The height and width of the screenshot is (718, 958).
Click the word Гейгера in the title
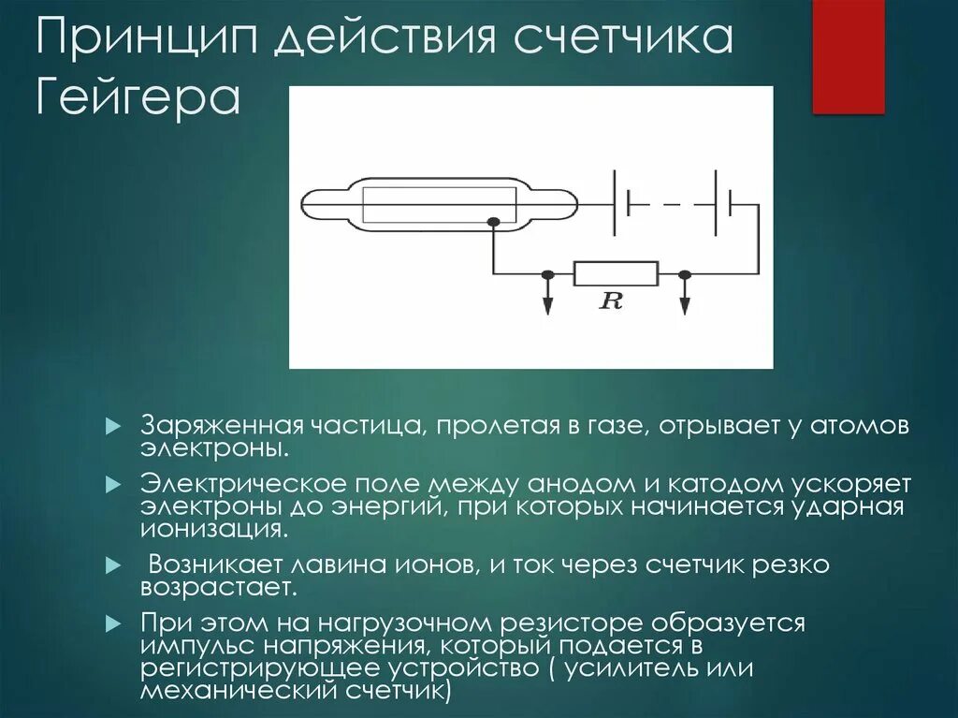point(138,98)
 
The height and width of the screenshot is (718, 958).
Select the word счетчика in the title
point(621,41)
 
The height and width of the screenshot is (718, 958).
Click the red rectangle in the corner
point(848,56)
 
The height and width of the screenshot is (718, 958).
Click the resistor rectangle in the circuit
point(616,273)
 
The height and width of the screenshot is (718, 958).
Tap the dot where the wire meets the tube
point(493,222)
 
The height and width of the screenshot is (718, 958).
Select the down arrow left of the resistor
point(548,301)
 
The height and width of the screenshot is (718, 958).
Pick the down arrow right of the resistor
point(685,301)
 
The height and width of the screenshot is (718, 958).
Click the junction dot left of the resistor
point(548,274)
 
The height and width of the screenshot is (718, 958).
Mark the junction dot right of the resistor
point(685,274)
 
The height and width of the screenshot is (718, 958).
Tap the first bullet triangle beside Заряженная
point(114,426)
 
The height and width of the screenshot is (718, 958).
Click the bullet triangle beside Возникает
point(114,567)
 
